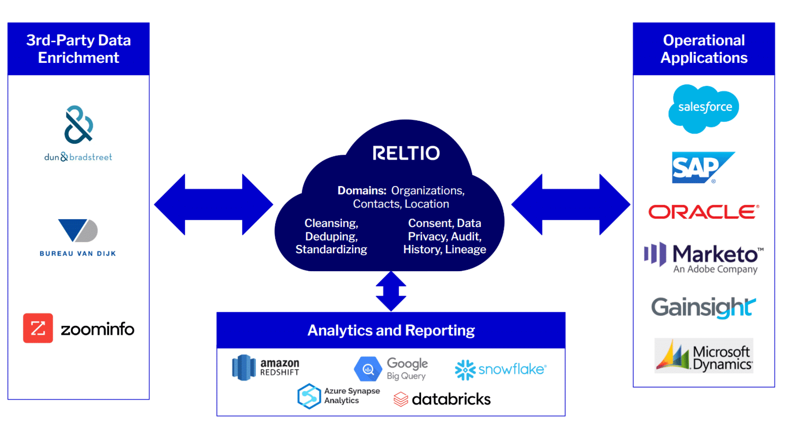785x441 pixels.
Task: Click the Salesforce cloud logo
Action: click(704, 108)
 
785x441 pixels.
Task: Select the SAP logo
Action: click(700, 167)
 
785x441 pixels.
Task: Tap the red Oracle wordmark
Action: click(704, 212)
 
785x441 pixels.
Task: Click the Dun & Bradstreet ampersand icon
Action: click(78, 125)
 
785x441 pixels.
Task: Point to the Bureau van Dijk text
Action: click(78, 254)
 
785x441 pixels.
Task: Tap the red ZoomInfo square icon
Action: click(38, 328)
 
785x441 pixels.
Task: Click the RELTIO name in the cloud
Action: click(406, 153)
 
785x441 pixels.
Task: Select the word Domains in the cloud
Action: click(362, 191)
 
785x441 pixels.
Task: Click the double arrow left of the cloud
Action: click(213, 205)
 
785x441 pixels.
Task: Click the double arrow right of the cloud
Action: click(571, 205)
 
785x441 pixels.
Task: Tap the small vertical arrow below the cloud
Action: click(391, 291)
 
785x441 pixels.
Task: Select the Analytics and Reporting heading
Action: click(391, 330)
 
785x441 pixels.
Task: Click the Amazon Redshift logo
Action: click(266, 367)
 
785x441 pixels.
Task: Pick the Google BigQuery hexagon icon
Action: click(368, 369)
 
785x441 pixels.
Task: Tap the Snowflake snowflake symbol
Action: click(465, 370)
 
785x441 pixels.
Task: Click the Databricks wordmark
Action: click(451, 399)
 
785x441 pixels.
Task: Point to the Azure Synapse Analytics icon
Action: click(309, 396)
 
